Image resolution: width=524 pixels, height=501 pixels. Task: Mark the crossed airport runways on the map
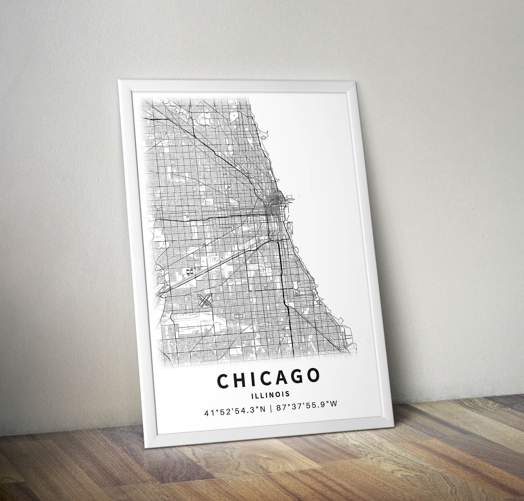[205, 300]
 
